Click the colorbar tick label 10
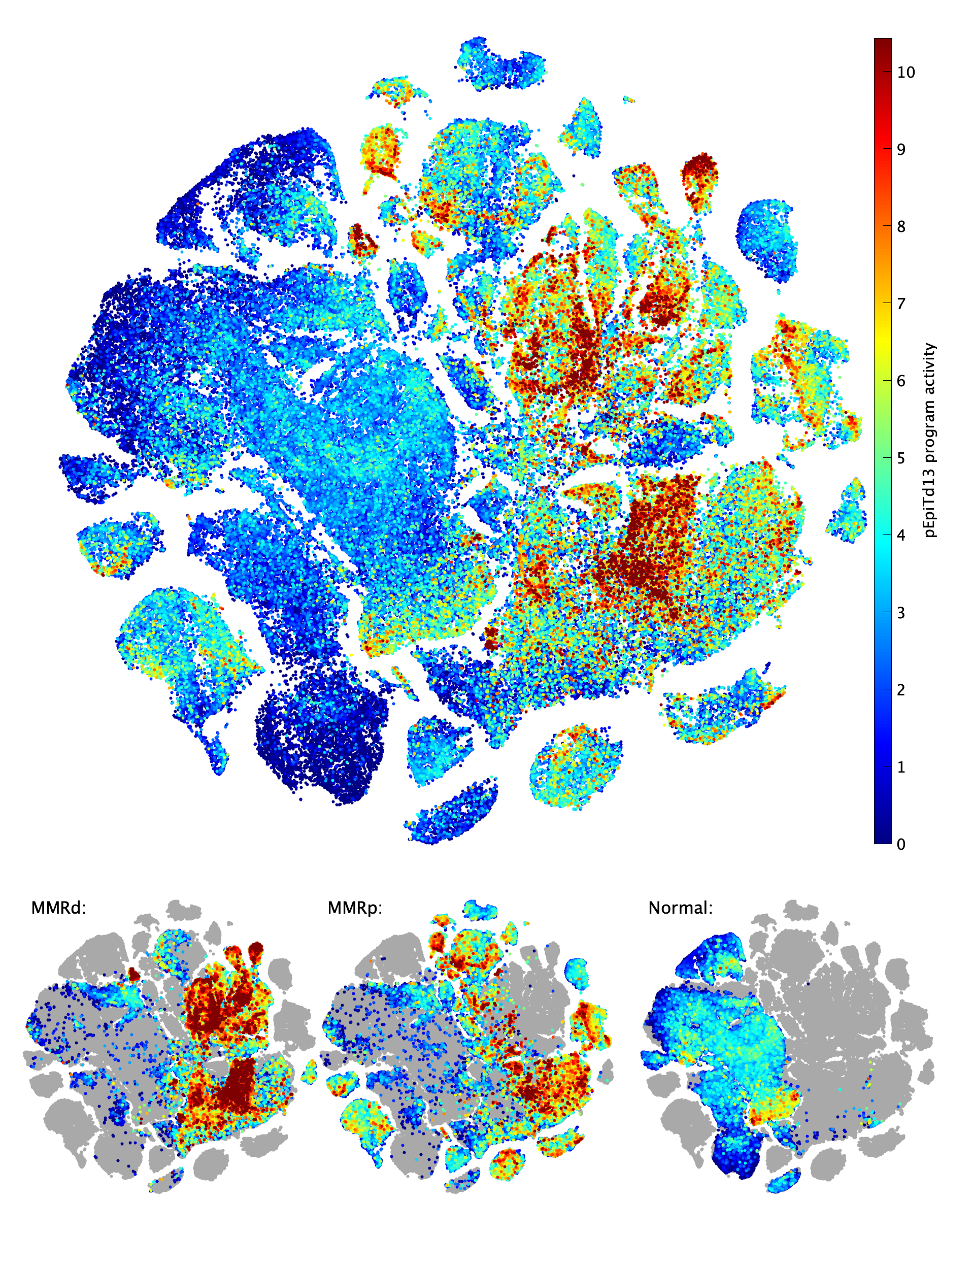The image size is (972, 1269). pos(906,72)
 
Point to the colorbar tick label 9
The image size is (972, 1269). pos(901,149)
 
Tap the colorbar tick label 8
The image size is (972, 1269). pos(901,227)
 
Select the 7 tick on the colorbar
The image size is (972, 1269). pos(901,304)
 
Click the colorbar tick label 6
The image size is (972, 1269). pos(901,381)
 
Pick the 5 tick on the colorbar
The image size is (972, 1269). pos(901,458)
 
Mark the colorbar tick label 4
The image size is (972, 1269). pos(901,535)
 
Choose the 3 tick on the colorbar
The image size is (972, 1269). pos(901,613)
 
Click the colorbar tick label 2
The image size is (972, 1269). pos(901,690)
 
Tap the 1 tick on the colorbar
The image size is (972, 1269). pos(901,767)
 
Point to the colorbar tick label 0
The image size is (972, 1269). pos(901,844)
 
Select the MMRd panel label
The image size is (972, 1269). pos(58,908)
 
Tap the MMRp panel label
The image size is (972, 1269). pos(355,908)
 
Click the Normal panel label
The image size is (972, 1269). pos(680,908)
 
